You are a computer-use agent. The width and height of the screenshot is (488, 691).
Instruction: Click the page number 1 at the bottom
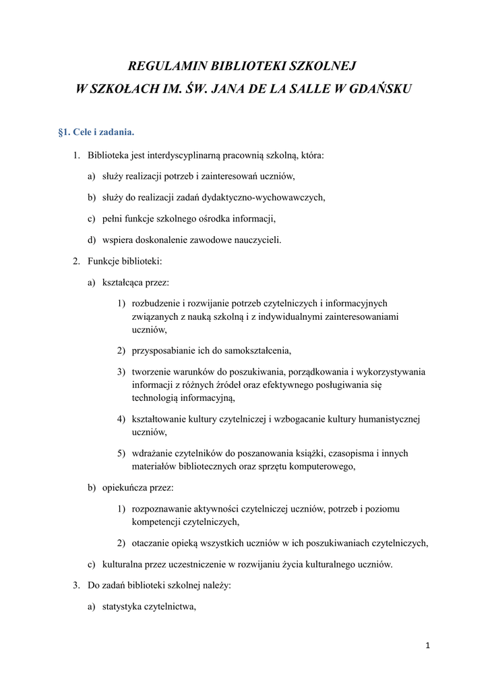tap(427, 646)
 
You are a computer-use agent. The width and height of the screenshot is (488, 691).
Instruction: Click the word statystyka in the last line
tap(123, 607)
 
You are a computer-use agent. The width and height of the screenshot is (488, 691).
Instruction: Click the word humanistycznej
tap(382, 419)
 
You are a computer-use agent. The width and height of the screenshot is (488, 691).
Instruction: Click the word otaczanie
tap(151, 543)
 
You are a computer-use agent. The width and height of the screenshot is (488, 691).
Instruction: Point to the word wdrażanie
tap(152, 453)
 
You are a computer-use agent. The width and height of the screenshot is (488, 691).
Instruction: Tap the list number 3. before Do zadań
tap(76, 586)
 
